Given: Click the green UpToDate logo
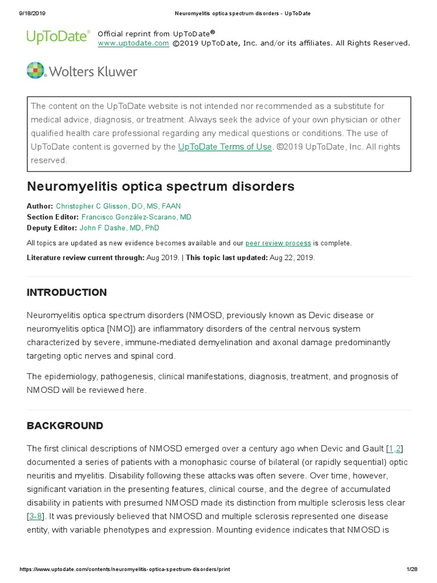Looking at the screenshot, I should (58, 37).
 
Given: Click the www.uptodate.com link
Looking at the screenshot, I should (133, 43).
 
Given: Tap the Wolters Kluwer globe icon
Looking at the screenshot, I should (35, 71).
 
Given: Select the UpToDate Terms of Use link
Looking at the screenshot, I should (225, 147).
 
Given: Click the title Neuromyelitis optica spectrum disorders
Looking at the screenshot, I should (160, 186).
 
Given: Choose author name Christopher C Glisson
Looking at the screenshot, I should (118, 206).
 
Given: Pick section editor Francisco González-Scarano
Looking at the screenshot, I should (137, 217).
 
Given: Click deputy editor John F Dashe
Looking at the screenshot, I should (119, 228).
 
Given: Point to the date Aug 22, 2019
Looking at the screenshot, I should (291, 257).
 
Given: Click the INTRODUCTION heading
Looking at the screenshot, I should (67, 293).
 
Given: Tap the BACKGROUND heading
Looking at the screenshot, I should (65, 426).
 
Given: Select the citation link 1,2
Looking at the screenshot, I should (395, 449).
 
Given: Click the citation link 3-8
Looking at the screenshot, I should (35, 516).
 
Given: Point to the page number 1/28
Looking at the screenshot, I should (411, 569).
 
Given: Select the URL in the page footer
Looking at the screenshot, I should (125, 569).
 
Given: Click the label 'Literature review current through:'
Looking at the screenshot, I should (85, 257).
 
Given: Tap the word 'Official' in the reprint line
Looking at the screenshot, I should (111, 34).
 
